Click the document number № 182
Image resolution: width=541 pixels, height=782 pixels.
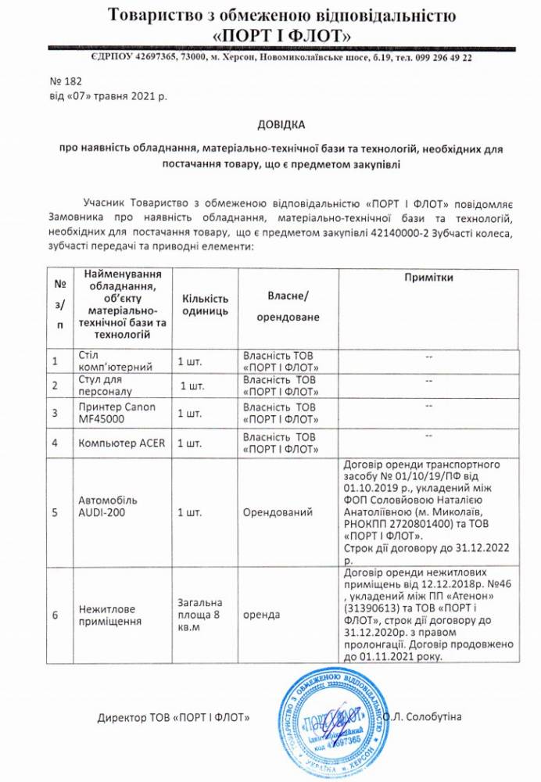[65, 81]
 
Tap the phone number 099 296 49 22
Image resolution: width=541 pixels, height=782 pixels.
[446, 58]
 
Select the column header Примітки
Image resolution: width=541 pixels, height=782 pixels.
[429, 278]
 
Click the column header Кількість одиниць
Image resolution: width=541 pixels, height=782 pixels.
[205, 304]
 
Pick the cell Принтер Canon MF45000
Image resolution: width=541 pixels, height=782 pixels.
[117, 413]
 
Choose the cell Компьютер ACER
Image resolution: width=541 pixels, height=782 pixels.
[121, 443]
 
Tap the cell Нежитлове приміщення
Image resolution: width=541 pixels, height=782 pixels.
[110, 615]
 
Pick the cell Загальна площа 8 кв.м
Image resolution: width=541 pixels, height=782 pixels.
[200, 615]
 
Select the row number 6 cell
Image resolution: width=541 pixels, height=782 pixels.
[55, 615]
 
